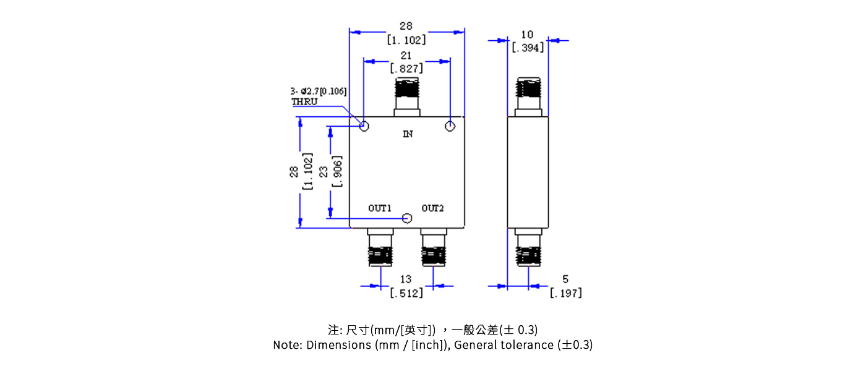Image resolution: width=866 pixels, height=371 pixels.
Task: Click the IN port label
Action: [x=408, y=134]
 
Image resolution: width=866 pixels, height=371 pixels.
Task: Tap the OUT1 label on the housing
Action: [x=380, y=208]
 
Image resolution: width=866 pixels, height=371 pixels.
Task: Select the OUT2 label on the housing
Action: [x=433, y=208]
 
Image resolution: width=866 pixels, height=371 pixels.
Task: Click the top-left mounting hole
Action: [x=364, y=127]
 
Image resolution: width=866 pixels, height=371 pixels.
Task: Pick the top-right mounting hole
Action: [x=450, y=127]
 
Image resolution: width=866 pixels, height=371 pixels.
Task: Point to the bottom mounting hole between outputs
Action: [x=407, y=218]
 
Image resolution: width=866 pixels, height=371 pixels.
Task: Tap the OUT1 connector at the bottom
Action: [x=380, y=248]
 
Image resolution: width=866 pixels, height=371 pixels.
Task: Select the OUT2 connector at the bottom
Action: [x=433, y=248]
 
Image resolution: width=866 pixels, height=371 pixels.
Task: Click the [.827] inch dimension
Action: [x=406, y=69]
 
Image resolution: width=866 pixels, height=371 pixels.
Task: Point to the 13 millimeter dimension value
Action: [x=406, y=279]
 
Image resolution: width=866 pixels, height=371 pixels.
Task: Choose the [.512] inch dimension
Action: [x=406, y=293]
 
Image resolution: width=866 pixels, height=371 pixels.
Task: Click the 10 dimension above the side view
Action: [x=527, y=34]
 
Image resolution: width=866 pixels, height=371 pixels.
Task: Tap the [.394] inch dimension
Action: [x=528, y=47]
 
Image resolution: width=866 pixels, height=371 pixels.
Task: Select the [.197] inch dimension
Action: [x=565, y=293]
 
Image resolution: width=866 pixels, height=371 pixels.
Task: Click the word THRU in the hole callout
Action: [x=304, y=101]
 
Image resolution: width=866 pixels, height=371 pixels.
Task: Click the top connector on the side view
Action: [x=528, y=97]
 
